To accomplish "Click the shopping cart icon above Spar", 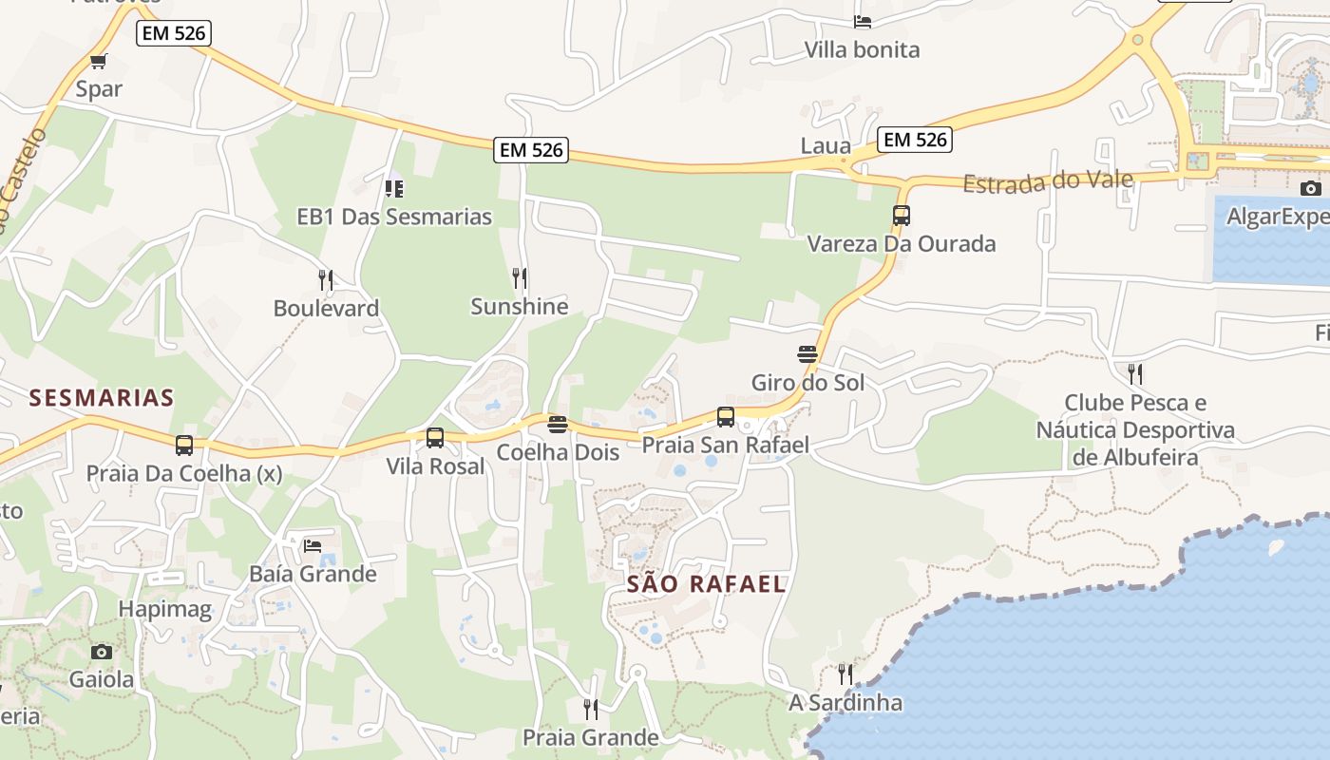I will tap(98, 62).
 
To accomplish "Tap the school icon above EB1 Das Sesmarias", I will tap(394, 188).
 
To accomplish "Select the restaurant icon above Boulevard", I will tap(326, 279).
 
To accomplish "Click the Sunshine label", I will tap(519, 306).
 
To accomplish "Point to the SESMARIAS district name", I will tap(102, 397).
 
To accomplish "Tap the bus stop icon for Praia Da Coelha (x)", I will tap(184, 445).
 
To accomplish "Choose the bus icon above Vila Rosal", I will tap(435, 438).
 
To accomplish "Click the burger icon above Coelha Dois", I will tap(558, 424).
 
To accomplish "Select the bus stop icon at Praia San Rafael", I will tap(726, 416).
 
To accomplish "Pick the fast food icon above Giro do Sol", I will tap(807, 354).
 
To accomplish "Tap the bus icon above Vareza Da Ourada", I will tap(902, 215).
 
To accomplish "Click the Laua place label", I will tap(825, 145).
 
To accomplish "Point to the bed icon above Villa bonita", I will tap(863, 21).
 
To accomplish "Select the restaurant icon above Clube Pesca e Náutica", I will tap(1134, 372).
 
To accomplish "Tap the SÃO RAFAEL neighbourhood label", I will tap(706, 583).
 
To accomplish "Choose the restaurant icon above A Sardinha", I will tap(845, 674).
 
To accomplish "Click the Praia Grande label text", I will tap(590, 737).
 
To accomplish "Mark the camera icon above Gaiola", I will tap(102, 652).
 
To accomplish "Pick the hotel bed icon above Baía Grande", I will tap(313, 545).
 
